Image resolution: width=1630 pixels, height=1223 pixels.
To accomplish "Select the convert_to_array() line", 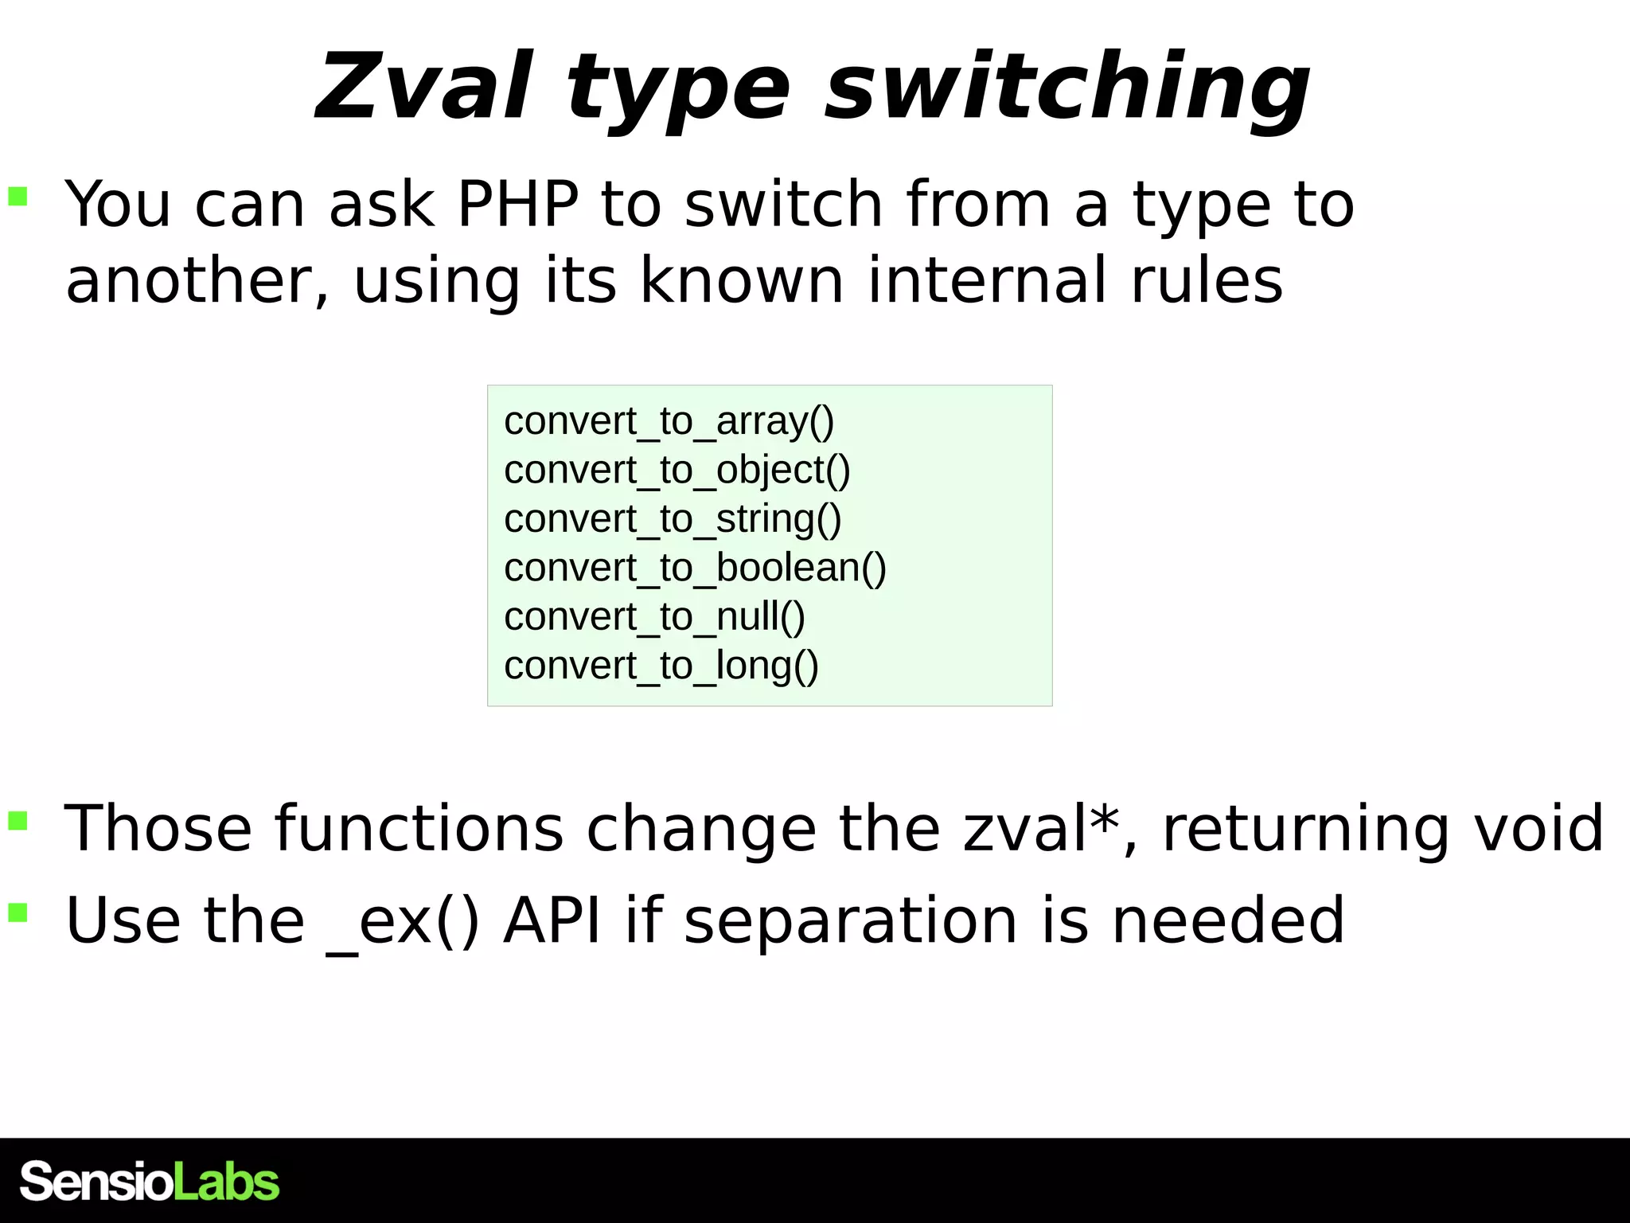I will (669, 421).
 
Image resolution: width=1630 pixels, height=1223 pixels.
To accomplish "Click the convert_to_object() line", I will (677, 470).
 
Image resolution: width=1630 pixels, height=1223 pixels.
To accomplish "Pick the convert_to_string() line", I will (673, 519).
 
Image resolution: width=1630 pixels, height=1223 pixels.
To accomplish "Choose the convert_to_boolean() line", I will (695, 568).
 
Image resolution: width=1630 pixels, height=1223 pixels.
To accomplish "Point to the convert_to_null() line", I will (654, 617).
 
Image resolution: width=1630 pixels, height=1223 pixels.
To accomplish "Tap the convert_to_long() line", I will (661, 666).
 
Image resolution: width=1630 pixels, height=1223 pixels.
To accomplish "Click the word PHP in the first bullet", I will (517, 204).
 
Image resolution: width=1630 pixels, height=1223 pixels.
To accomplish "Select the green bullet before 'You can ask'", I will (18, 196).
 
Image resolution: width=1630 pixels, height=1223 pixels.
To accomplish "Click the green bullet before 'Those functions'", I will (18, 820).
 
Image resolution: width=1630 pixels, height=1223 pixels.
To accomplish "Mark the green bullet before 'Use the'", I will (18, 912).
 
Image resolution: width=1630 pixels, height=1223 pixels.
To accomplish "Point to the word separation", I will (850, 921).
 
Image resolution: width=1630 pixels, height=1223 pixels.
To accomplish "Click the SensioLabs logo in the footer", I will (150, 1181).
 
